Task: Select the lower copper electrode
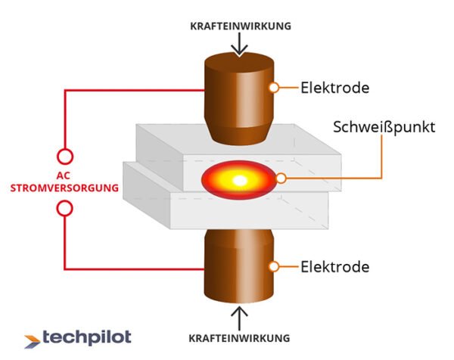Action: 238,265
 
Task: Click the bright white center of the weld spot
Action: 239,180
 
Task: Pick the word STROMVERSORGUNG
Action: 65,187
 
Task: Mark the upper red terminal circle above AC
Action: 65,157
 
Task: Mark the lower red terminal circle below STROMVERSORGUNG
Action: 65,206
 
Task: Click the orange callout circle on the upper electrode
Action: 278,88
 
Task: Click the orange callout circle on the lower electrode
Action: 278,266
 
